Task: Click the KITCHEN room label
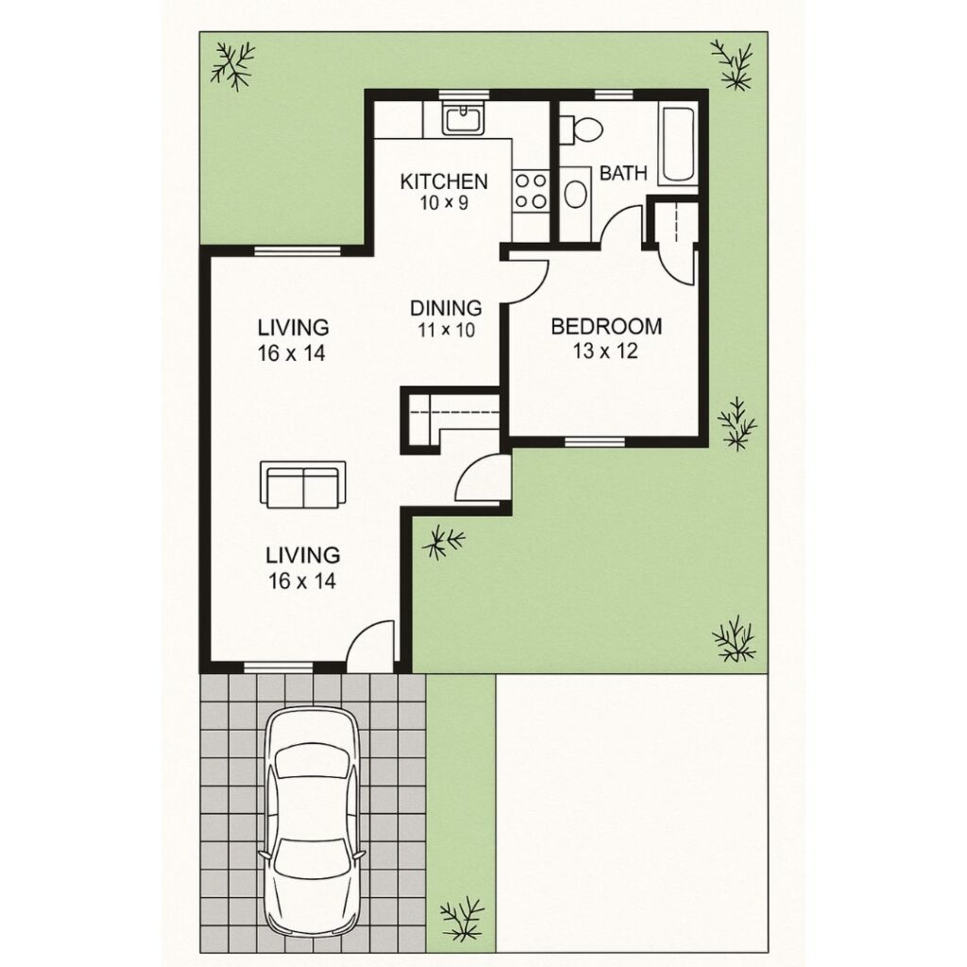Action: coord(443,181)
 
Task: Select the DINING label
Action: coord(446,308)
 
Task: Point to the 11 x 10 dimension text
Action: coord(446,330)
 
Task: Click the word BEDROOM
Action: coord(605,327)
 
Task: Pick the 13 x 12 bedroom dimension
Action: coord(605,352)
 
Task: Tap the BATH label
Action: coord(623,174)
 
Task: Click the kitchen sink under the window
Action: coord(463,120)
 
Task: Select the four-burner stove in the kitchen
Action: coord(530,189)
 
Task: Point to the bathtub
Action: coord(678,145)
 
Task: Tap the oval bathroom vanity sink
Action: coord(574,195)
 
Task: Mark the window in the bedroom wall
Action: coord(594,441)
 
